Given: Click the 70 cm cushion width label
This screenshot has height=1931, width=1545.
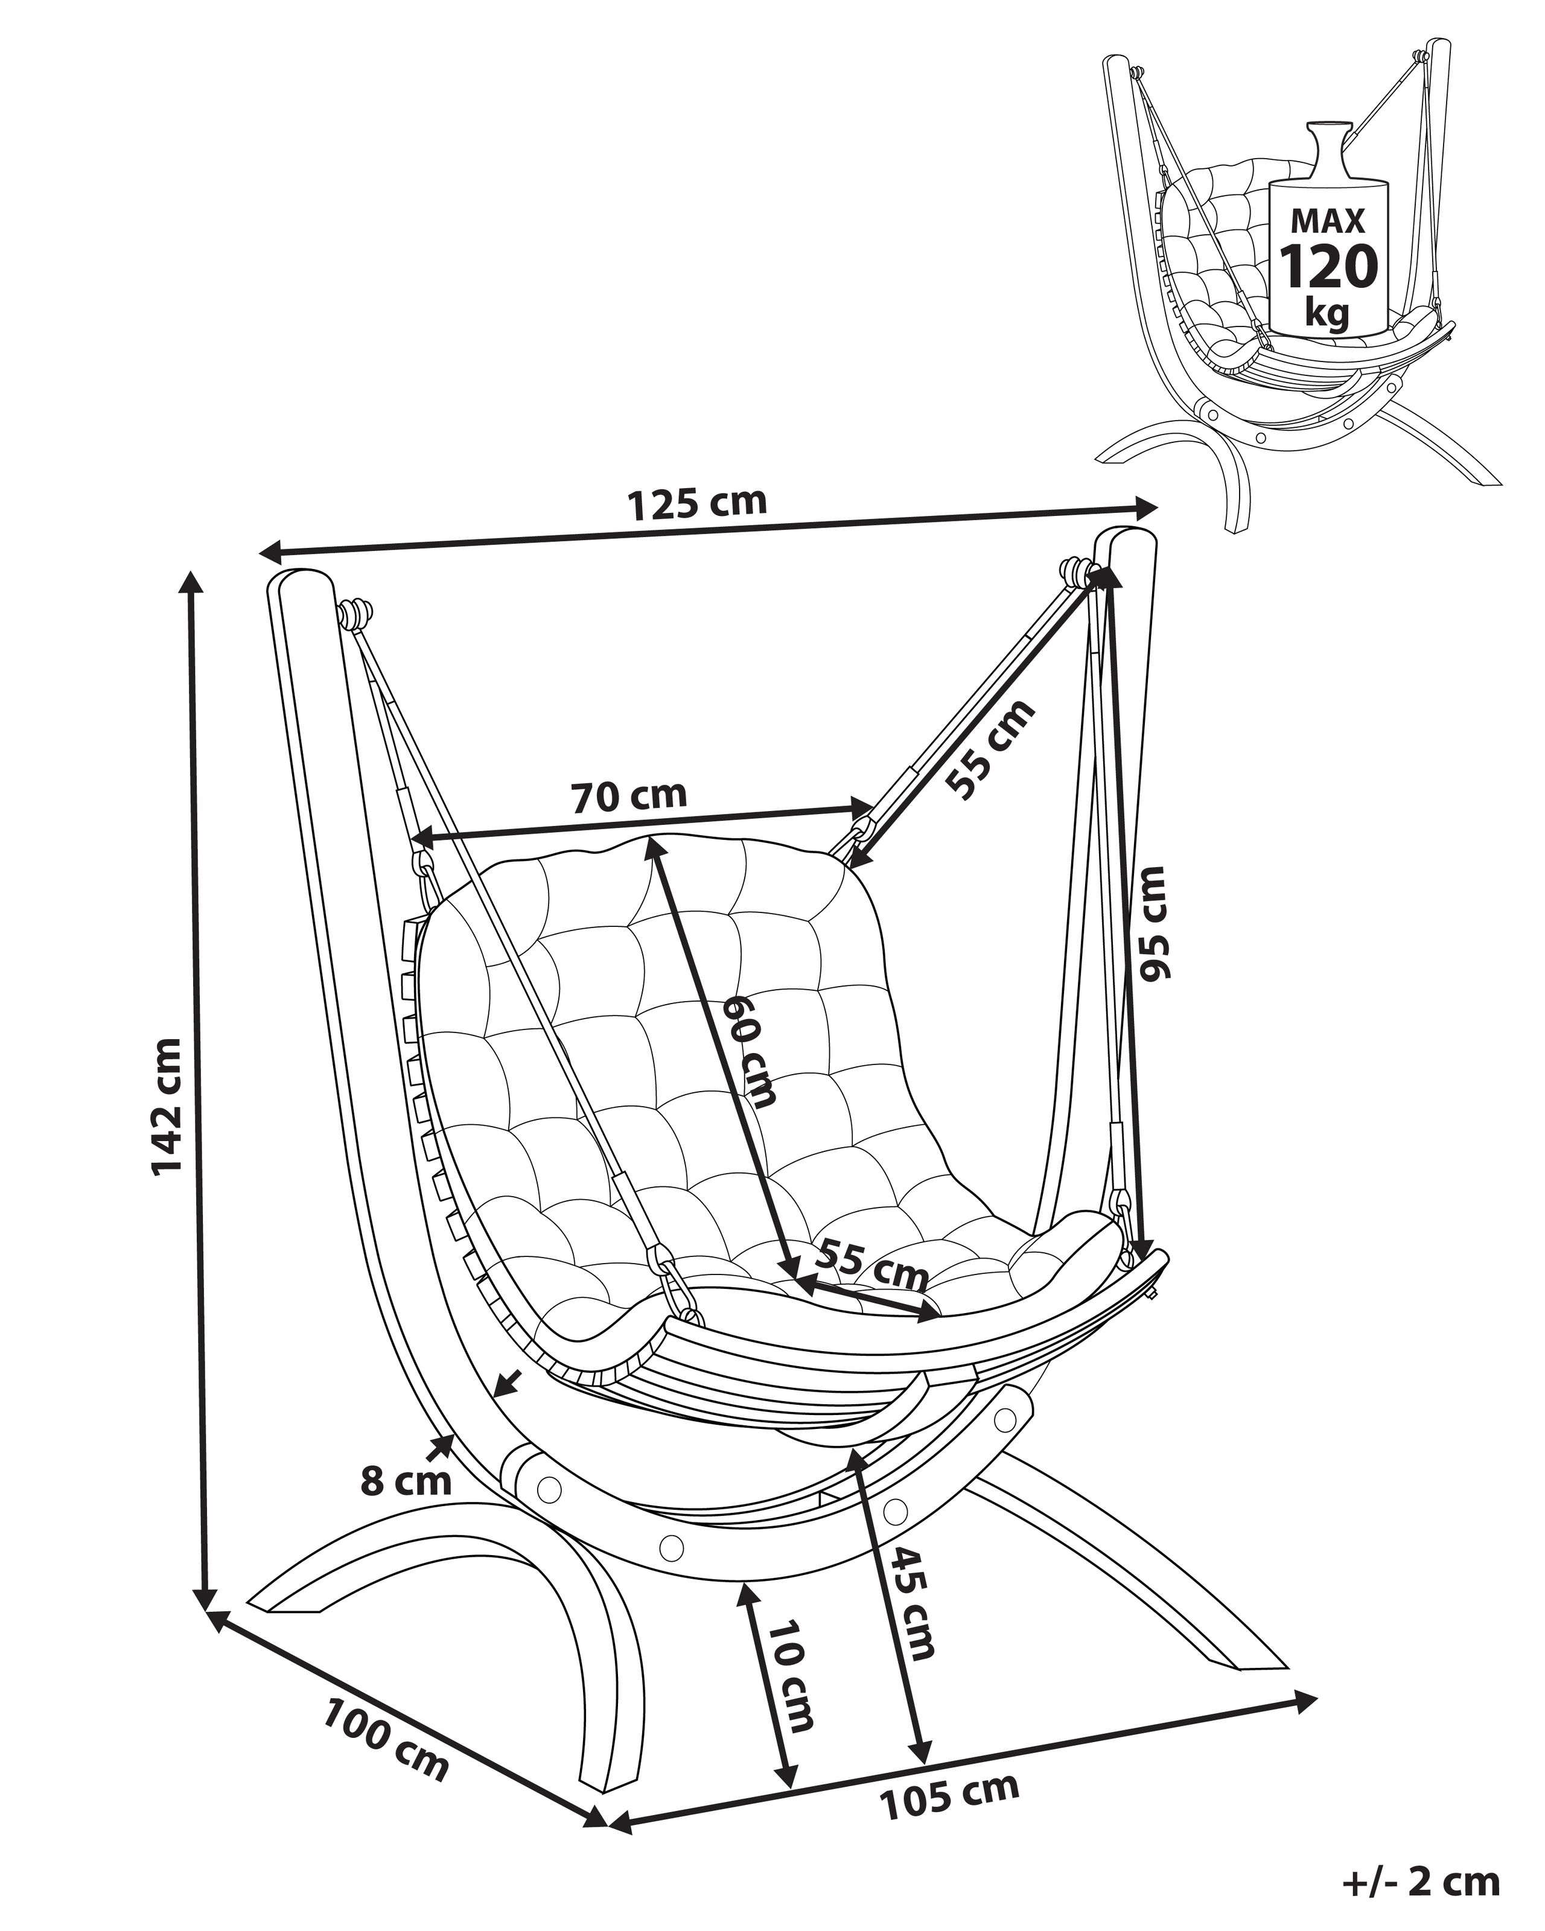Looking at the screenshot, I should [629, 795].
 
